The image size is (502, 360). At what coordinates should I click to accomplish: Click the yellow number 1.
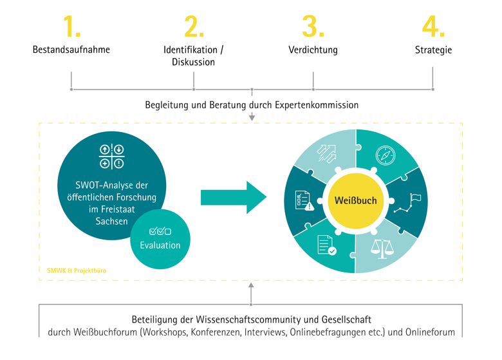coord(71,26)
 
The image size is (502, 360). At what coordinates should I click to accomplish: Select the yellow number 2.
coord(193,26)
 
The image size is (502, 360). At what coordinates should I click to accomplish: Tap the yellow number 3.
coord(313,26)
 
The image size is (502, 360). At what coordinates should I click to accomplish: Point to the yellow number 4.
coord(432,26)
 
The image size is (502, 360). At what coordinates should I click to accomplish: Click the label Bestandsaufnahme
coord(71,50)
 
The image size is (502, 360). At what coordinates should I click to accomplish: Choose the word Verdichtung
coord(313,50)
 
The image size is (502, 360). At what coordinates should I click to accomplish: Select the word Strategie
coord(433,50)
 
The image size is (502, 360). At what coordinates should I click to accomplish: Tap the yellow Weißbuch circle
coord(355,201)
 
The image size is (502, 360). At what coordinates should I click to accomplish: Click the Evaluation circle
coord(160,240)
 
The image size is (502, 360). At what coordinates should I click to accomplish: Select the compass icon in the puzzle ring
coord(386,156)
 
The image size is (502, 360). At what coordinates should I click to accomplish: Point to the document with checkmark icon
coord(326,245)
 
